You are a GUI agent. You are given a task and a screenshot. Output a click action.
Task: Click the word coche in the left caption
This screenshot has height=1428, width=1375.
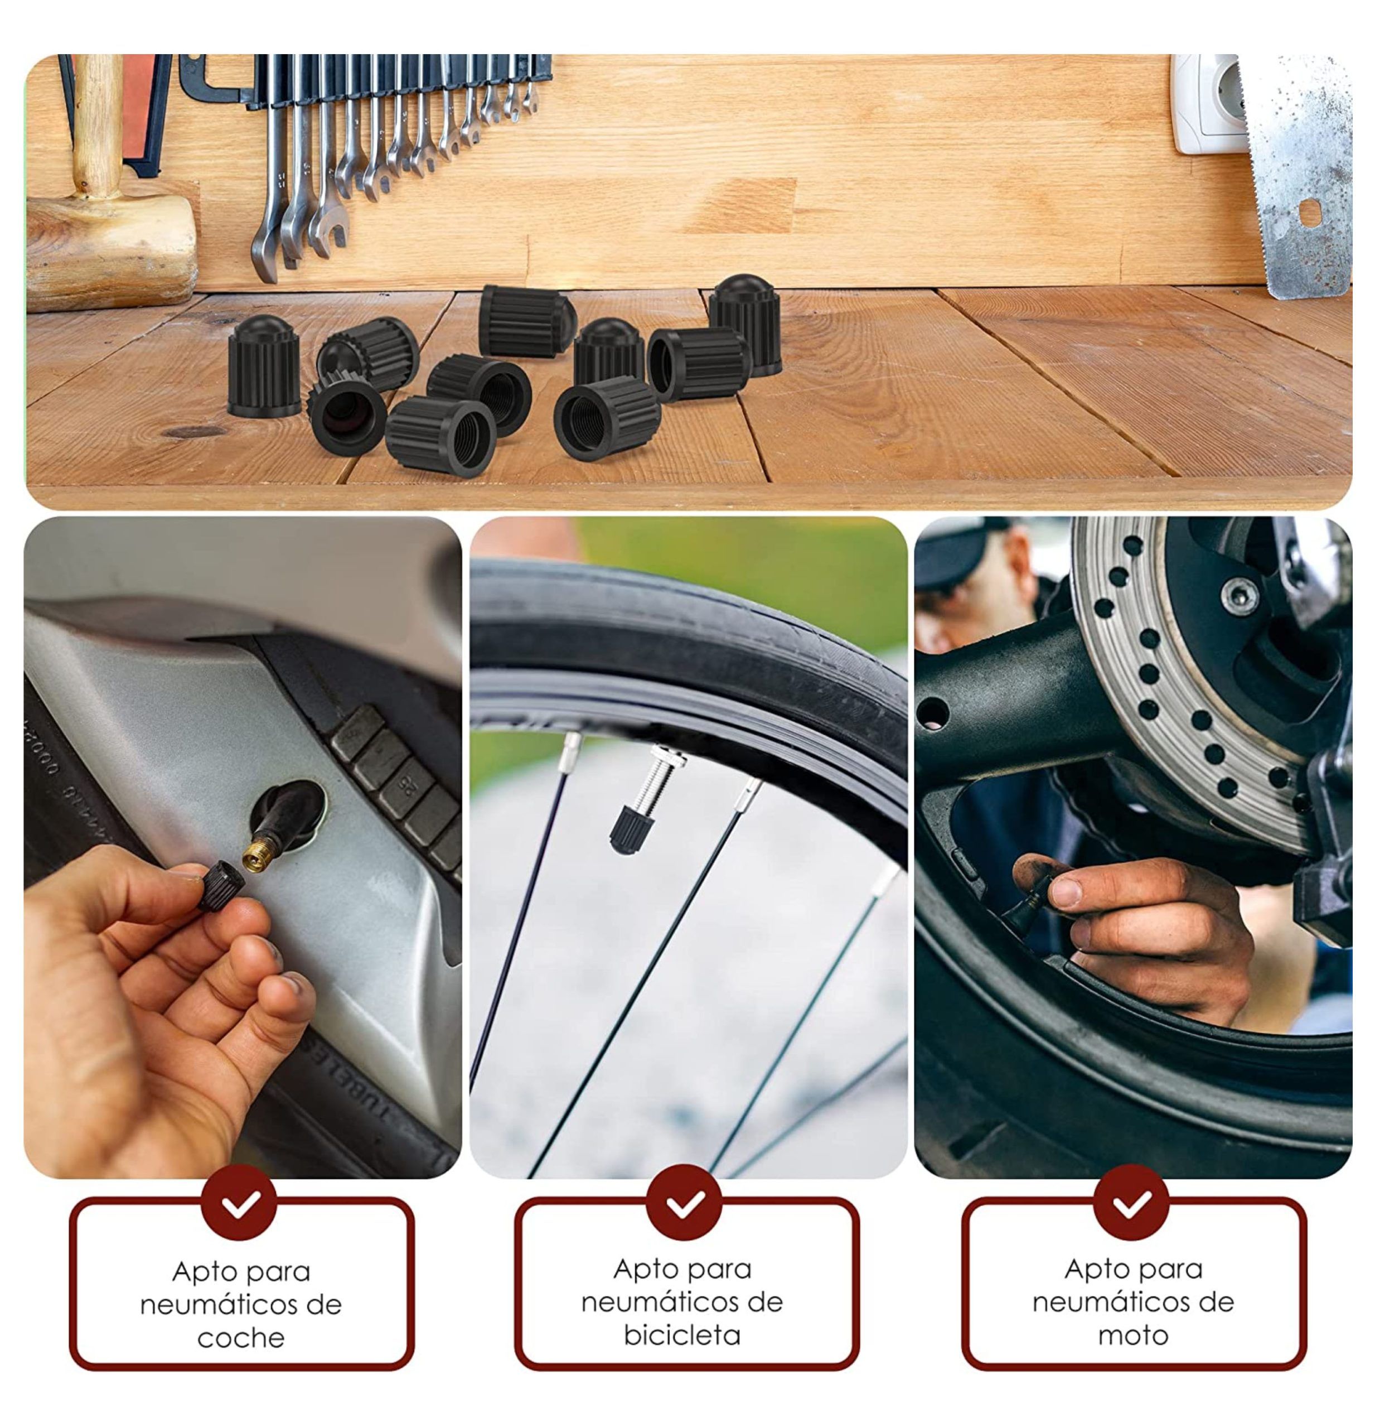click(x=240, y=1338)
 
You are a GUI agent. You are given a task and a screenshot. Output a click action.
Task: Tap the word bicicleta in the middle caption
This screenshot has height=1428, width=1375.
click(x=682, y=1335)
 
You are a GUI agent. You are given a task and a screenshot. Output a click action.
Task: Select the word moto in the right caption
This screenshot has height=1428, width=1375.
click(x=1133, y=1335)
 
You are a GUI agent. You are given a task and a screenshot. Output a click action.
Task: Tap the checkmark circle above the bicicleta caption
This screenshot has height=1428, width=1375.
click(x=684, y=1204)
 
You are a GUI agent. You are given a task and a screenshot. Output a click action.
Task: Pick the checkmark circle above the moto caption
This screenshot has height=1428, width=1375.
click(x=1131, y=1204)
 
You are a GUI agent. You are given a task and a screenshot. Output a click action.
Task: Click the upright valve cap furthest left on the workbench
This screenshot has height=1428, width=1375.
click(x=264, y=366)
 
